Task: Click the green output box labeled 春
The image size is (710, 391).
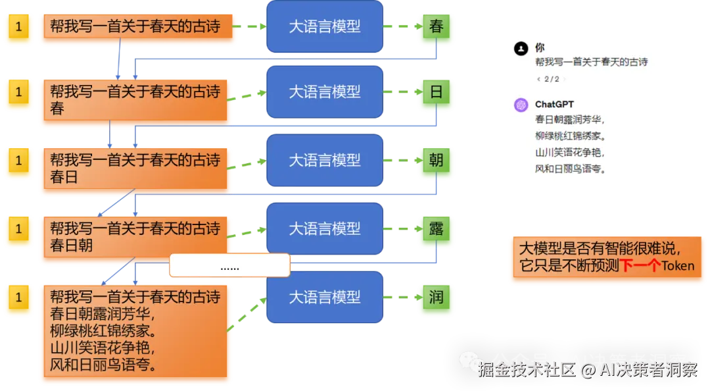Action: [436, 28]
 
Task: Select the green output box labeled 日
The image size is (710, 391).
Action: [436, 92]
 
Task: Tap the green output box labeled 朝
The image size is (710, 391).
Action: [436, 161]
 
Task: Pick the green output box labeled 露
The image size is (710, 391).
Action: [436, 229]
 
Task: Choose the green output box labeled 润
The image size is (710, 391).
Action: [436, 298]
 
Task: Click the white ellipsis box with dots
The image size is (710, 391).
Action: [229, 266]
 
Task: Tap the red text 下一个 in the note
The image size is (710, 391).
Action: [640, 266]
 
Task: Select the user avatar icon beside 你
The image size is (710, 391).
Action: [521, 48]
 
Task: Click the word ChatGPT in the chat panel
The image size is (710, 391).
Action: [554, 105]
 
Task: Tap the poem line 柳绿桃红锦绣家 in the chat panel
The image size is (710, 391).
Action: [569, 136]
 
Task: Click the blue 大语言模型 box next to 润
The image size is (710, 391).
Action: [325, 298]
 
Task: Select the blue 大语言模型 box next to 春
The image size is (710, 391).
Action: [325, 27]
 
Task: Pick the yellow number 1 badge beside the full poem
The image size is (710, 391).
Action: [18, 298]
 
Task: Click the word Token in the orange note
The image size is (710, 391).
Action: [677, 266]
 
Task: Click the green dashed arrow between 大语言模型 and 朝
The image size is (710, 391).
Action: [400, 161]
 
